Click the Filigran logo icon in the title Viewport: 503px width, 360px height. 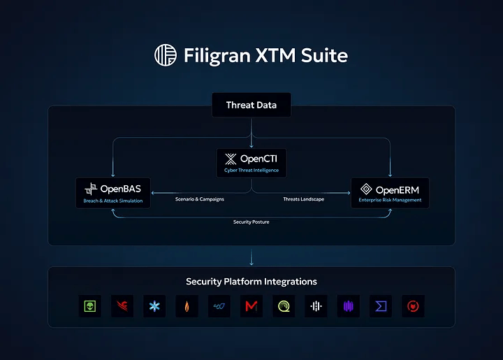(166, 55)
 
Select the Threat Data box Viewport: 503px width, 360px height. (251, 106)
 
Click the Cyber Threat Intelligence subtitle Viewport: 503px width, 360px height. (251, 171)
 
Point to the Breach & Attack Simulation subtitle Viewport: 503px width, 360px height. (113, 201)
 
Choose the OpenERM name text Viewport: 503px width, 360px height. (398, 189)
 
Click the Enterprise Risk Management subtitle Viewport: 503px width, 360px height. (390, 200)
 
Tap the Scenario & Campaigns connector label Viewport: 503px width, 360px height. (200, 200)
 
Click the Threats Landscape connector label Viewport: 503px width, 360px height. (303, 200)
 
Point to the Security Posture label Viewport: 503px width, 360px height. (251, 222)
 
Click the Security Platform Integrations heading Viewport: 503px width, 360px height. (251, 282)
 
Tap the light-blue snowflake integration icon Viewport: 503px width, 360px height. (153, 305)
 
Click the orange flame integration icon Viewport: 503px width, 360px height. (186, 305)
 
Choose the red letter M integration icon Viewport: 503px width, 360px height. (251, 305)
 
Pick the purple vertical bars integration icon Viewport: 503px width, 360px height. (348, 305)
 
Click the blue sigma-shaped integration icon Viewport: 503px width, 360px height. (381, 305)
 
